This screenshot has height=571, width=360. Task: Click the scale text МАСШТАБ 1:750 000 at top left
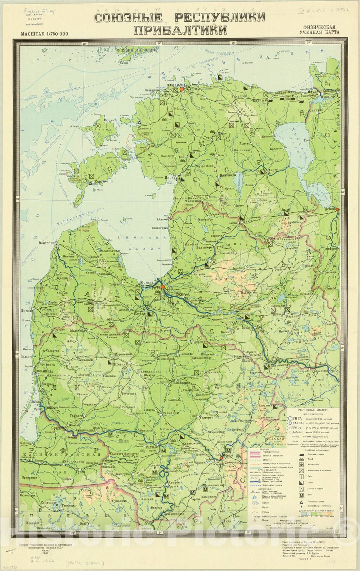click(x=39, y=34)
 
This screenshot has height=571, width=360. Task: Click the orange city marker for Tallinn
click(x=181, y=89)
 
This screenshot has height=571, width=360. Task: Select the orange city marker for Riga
click(x=162, y=287)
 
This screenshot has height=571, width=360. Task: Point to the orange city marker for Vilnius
click(x=221, y=458)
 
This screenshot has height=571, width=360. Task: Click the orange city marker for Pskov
click(x=337, y=209)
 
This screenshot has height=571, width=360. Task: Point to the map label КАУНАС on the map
click(x=152, y=447)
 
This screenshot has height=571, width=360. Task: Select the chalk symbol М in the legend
click(x=301, y=495)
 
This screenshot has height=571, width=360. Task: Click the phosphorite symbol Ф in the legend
click(x=301, y=464)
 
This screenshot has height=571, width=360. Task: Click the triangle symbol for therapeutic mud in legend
click(x=301, y=502)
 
